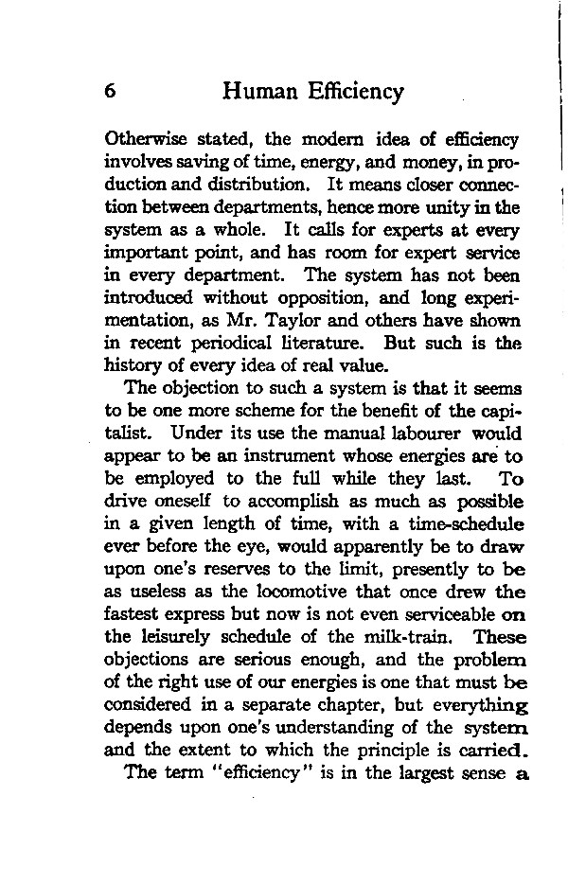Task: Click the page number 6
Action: [x=111, y=92]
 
